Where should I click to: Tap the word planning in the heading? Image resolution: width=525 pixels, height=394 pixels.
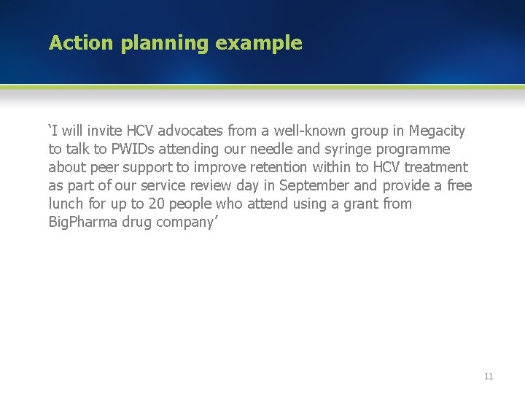pyautogui.click(x=165, y=44)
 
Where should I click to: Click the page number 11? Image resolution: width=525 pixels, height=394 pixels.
pyautogui.click(x=489, y=376)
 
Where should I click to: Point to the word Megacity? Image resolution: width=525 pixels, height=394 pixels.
pyautogui.click(x=437, y=131)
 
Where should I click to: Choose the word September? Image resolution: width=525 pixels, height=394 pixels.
pyautogui.click(x=316, y=186)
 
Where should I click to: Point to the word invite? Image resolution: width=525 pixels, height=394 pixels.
pyautogui.click(x=103, y=131)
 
